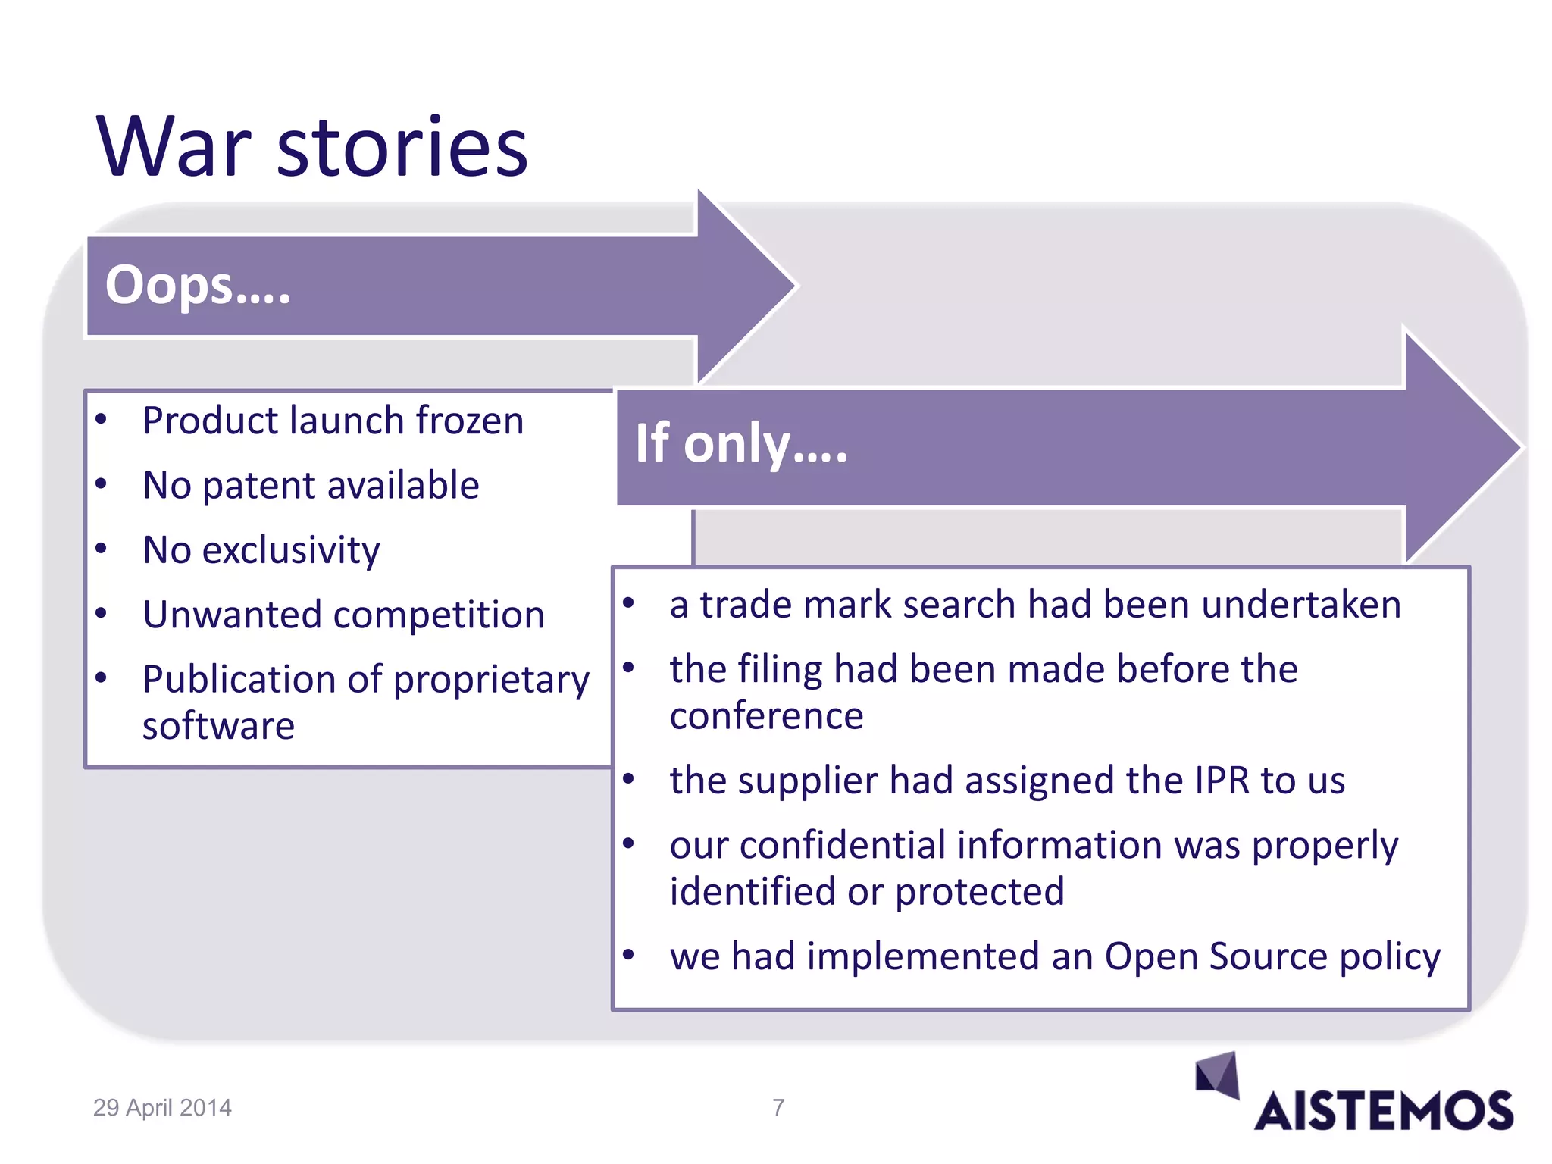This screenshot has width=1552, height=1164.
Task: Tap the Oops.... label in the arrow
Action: (197, 286)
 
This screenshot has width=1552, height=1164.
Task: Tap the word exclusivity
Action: (291, 550)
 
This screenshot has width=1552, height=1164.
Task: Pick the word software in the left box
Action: (218, 726)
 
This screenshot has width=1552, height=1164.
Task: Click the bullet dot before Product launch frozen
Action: (102, 418)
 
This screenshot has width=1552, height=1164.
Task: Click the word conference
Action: (766, 716)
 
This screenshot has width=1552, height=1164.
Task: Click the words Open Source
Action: (1208, 956)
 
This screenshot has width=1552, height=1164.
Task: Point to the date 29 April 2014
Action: (162, 1108)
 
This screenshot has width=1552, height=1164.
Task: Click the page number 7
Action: (778, 1107)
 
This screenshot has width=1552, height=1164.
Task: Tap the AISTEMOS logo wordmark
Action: (1383, 1112)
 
